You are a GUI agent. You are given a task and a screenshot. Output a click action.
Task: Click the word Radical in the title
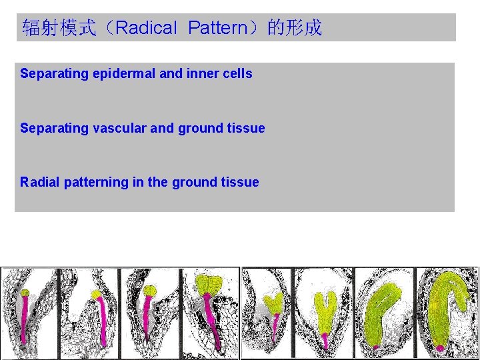[x=146, y=28]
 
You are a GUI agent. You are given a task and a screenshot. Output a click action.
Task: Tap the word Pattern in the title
[x=217, y=28]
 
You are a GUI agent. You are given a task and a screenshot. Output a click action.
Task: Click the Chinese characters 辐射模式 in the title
[x=59, y=28]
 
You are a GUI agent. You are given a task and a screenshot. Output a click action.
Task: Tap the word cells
[x=238, y=74]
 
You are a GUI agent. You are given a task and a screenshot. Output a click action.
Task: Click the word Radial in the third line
[x=40, y=182]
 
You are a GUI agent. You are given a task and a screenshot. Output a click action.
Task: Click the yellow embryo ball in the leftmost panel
[x=25, y=293]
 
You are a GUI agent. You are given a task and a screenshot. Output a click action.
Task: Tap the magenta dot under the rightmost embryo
[x=440, y=348]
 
